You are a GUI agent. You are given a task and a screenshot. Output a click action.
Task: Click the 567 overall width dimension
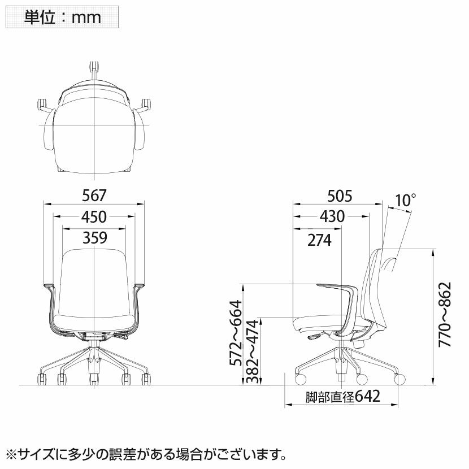click(x=94, y=196)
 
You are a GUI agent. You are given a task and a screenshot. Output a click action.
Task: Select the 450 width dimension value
click(x=94, y=217)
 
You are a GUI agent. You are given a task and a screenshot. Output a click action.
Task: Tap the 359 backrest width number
click(x=95, y=238)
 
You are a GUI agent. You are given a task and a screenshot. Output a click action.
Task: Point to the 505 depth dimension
click(x=340, y=196)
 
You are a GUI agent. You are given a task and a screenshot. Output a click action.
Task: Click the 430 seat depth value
click(x=332, y=216)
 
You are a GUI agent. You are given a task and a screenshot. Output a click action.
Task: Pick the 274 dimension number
click(x=319, y=240)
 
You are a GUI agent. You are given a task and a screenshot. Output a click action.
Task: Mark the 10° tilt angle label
click(x=406, y=200)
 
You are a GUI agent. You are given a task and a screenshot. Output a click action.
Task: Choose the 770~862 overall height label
click(x=445, y=315)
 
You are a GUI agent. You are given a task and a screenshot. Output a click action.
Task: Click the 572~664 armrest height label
click(x=236, y=333)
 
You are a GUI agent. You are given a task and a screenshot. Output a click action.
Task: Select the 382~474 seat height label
click(x=252, y=351)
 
